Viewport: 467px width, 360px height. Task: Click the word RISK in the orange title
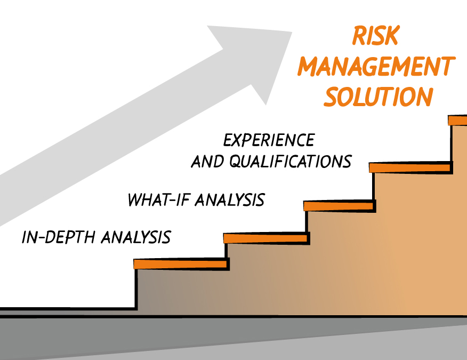point(375,35)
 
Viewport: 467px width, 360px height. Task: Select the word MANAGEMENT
point(376,66)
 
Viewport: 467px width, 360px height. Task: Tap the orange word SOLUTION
point(379,97)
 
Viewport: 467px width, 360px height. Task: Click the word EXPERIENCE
point(269,140)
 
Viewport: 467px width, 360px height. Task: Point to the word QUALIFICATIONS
point(291,162)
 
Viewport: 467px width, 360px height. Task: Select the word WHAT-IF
point(159,199)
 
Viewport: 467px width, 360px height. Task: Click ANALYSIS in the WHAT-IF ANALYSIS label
point(230,199)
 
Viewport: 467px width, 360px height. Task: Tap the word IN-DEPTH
point(59,237)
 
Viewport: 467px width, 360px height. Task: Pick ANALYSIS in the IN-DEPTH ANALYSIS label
point(136,237)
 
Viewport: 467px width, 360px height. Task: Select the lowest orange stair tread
point(180,264)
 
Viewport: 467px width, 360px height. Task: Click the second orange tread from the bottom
point(265,238)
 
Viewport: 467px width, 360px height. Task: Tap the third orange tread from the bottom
point(339,206)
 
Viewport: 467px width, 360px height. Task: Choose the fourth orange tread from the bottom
point(410,167)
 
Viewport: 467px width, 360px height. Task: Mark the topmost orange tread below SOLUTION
point(458,121)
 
